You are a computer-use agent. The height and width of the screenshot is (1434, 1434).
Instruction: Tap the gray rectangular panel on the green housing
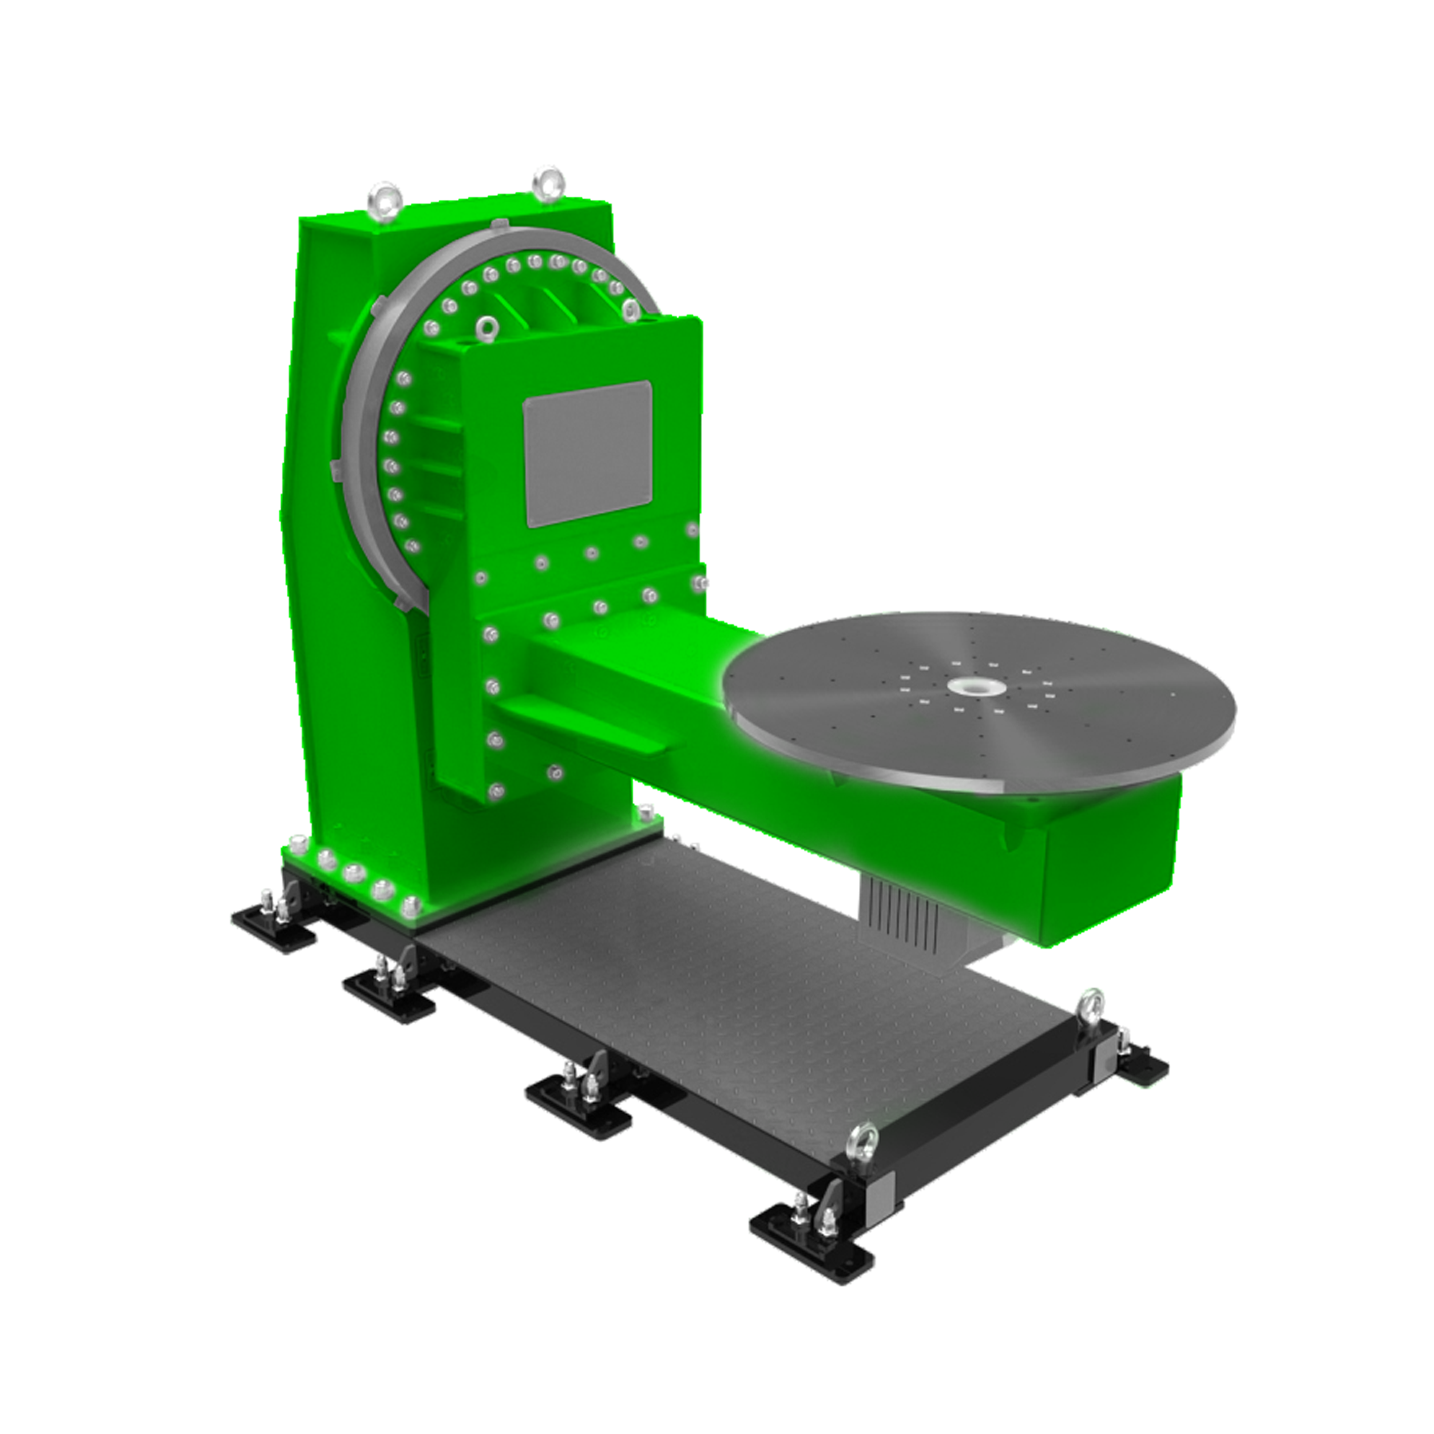pyautogui.click(x=587, y=454)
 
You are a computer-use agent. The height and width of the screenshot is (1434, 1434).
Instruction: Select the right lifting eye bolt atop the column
pyautogui.click(x=548, y=183)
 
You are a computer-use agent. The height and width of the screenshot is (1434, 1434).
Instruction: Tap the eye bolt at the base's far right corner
pyautogui.click(x=1091, y=1009)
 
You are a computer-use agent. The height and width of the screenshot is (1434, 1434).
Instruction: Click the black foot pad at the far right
pyautogui.click(x=1142, y=1067)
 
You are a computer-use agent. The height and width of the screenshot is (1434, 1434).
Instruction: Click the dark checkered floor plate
pyautogui.click(x=705, y=980)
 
